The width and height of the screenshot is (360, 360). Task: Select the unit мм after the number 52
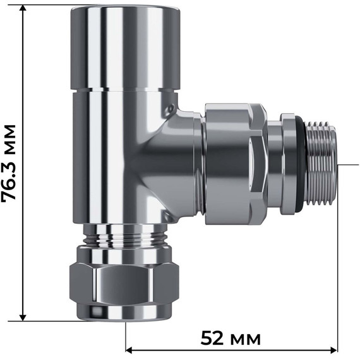coord(246,339)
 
